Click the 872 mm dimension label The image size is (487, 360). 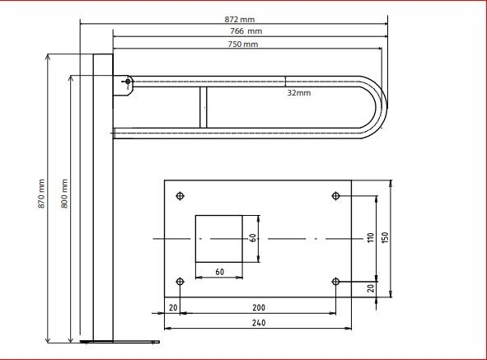coord(240,19)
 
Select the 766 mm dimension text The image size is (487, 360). coord(246,31)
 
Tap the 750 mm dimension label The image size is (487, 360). coord(243,44)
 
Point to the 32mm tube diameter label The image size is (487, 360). coord(299,92)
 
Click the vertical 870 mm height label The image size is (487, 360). coord(41,194)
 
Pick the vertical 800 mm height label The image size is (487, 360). coord(64,194)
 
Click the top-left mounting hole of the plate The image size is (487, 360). coord(180,196)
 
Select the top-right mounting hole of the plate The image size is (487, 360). coord(335,196)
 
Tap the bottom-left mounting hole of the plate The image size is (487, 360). coord(180,282)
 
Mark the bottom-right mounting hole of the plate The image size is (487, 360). coord(335,282)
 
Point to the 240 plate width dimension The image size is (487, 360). coord(259,323)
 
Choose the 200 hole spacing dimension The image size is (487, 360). coord(259,308)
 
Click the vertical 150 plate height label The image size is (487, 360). coord(385,237)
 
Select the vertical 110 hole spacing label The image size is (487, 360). coord(371,237)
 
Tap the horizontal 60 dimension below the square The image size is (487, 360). coord(219,272)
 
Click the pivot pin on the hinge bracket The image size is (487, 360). coord(128,82)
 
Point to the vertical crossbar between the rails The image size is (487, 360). coord(204,107)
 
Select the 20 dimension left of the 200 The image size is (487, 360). coord(173,308)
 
